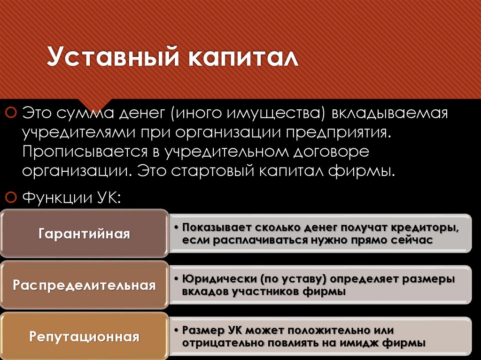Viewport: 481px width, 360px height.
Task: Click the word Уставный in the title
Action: pos(111,59)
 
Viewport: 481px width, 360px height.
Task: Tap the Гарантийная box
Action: pos(85,234)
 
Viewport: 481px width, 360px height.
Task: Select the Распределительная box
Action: pos(85,285)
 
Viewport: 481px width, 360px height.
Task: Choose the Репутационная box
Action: pos(85,337)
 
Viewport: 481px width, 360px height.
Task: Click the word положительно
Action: pos(332,330)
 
